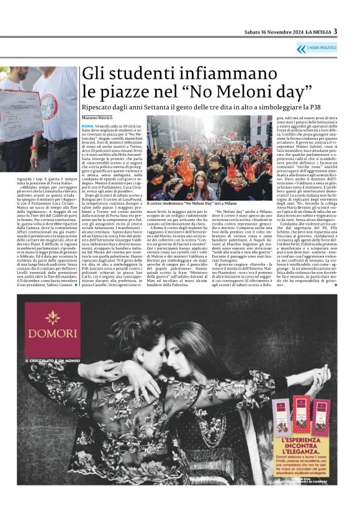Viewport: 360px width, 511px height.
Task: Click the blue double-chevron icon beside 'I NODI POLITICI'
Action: click(x=301, y=48)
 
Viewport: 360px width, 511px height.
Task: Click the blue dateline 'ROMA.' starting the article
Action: click(x=88, y=126)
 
